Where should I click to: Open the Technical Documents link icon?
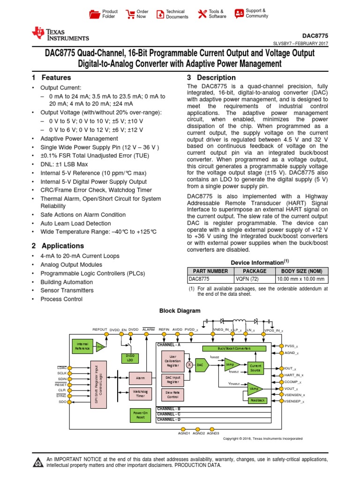(x=160, y=14)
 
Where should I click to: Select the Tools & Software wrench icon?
(x=202, y=14)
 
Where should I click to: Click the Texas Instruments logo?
(x=60, y=33)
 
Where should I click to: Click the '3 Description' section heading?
(x=211, y=77)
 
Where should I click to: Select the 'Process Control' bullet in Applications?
(x=61, y=299)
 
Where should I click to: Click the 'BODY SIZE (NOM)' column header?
(x=301, y=271)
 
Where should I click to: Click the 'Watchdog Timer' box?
(x=140, y=393)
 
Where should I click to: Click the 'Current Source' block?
(x=255, y=367)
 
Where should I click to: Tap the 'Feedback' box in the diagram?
(x=257, y=400)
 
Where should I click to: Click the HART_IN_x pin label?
(x=294, y=375)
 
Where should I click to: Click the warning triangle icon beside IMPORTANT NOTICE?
(x=37, y=463)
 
